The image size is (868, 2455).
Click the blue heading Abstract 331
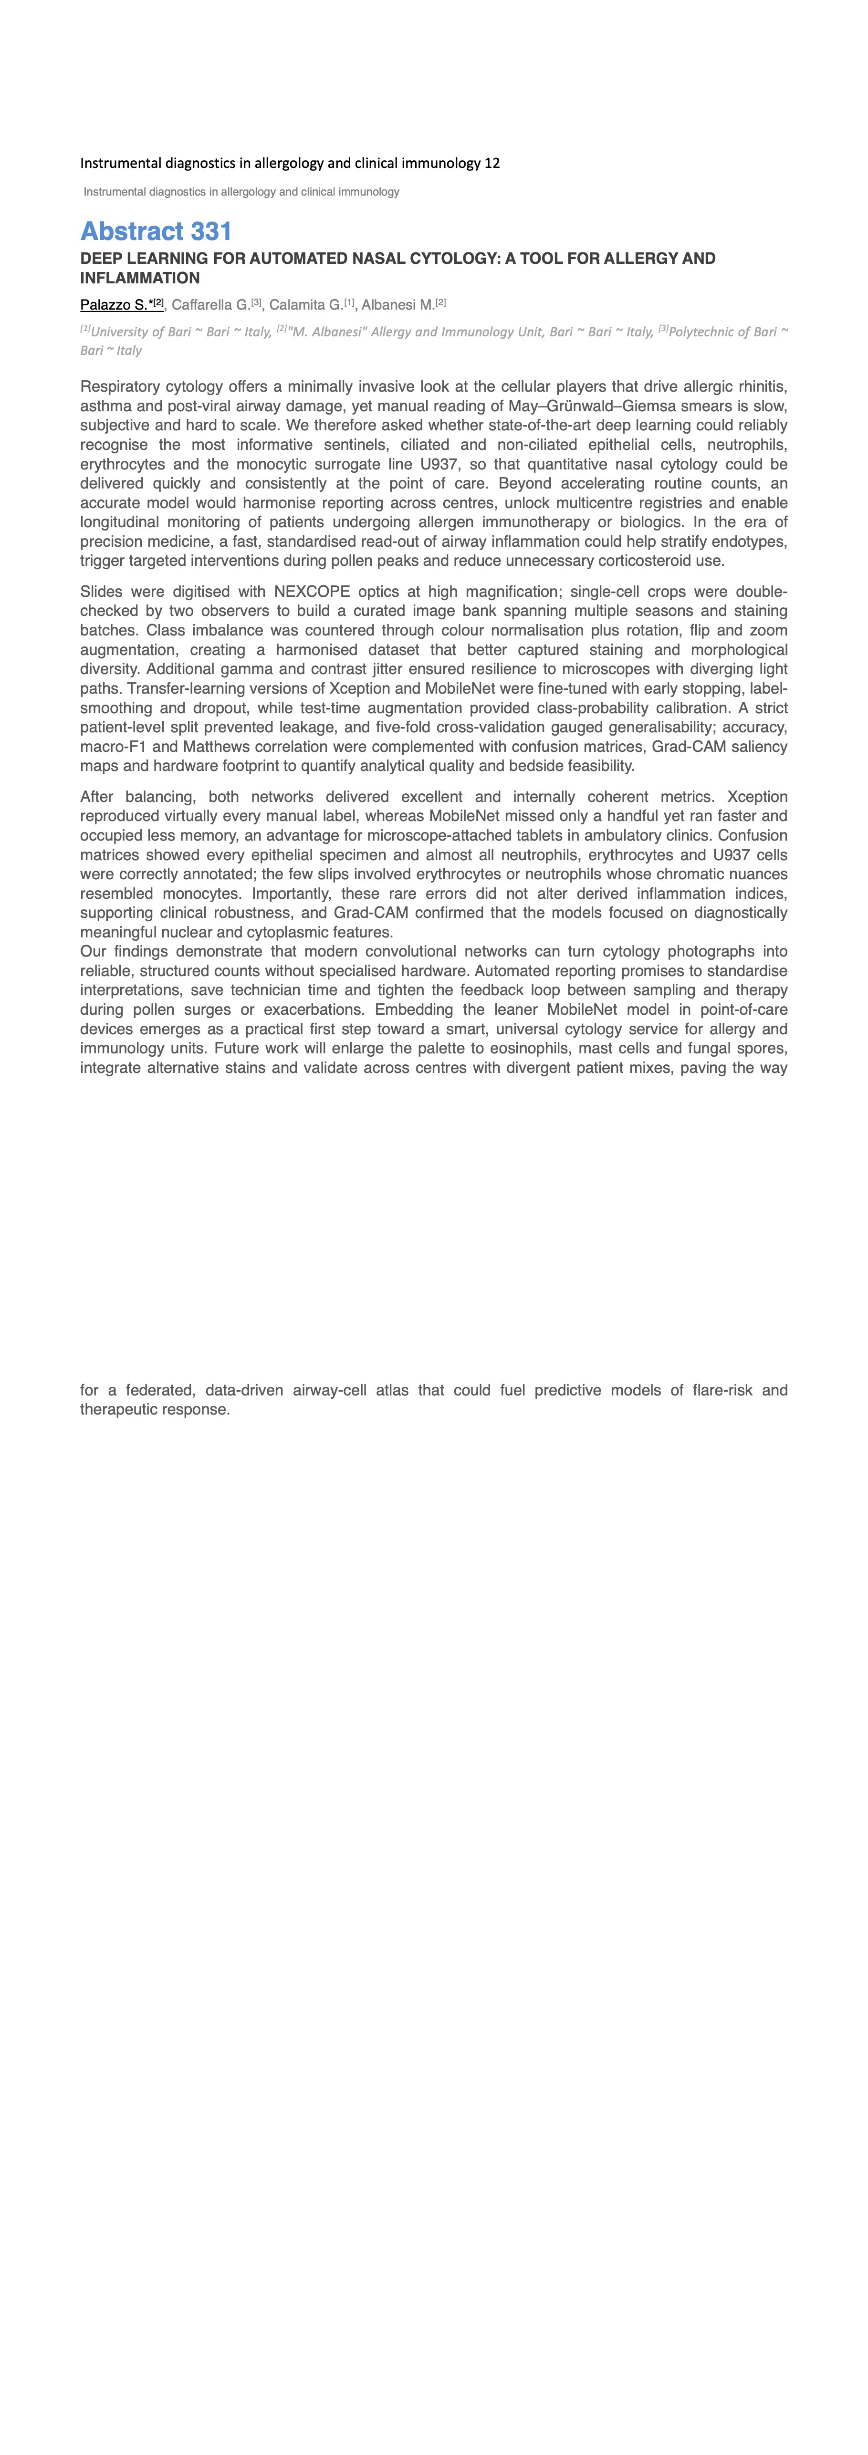pyautogui.click(x=156, y=231)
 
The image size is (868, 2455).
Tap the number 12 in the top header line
pyautogui.click(x=492, y=163)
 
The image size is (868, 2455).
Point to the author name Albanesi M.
pyautogui.click(x=397, y=305)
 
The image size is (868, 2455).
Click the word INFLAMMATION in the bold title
pyautogui.click(x=140, y=278)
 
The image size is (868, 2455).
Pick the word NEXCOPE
pyautogui.click(x=312, y=592)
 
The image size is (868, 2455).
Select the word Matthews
pyautogui.click(x=207, y=747)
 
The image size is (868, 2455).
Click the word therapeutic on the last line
pyautogui.click(x=117, y=1410)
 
